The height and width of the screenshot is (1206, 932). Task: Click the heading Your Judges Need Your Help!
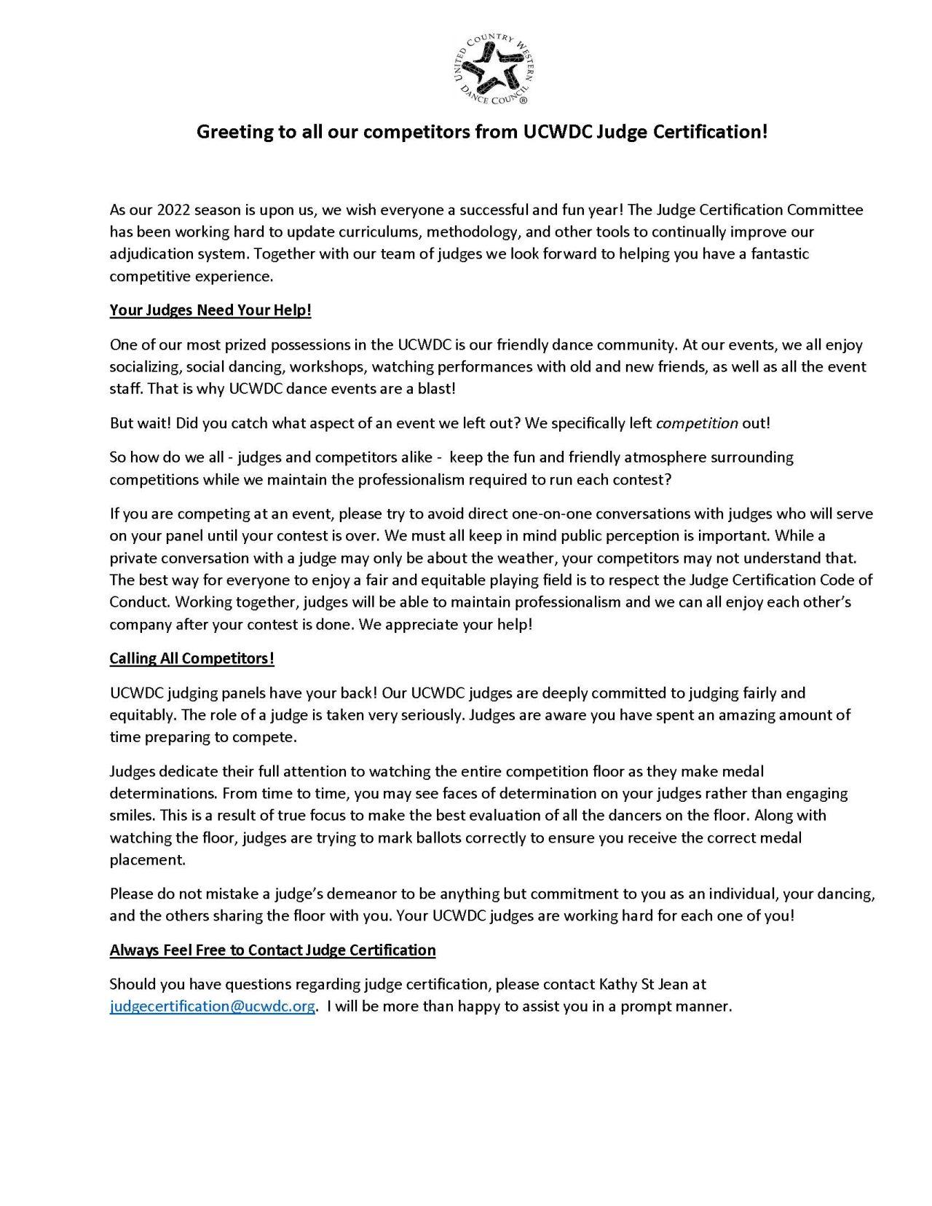(210, 310)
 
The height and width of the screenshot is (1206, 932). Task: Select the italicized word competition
(697, 423)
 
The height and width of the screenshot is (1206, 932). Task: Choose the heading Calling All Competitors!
(191, 658)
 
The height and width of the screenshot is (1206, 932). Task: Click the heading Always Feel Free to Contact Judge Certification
(272, 950)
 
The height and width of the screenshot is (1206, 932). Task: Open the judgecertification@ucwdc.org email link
(213, 1006)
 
